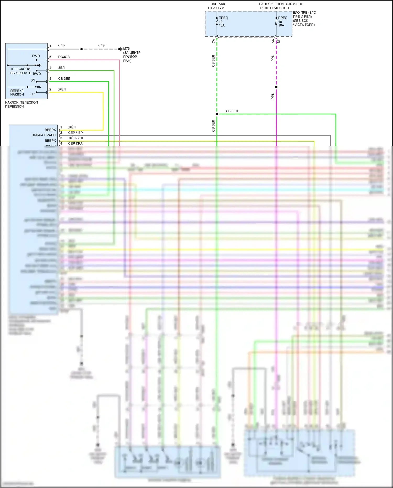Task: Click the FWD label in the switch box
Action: tap(36, 56)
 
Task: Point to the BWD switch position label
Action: tap(37, 74)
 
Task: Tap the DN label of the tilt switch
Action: tap(32, 80)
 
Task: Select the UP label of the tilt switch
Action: tap(32, 94)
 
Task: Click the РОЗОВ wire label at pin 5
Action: tap(64, 57)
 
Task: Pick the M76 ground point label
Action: tap(126, 49)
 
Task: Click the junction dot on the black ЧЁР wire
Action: tap(81, 49)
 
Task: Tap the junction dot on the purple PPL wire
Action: tap(276, 87)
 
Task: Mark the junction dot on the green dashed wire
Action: tap(217, 114)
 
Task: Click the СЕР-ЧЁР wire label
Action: tap(75, 133)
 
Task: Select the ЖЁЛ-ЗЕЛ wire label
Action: tap(75, 138)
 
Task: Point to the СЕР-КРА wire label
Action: tap(75, 143)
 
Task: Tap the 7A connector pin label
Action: tap(214, 41)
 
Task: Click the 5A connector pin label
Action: tap(273, 41)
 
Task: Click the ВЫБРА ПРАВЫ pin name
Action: tap(44, 135)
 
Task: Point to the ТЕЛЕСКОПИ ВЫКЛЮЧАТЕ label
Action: tap(20, 71)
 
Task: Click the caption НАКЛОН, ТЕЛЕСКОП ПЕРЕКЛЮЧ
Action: tap(21, 104)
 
